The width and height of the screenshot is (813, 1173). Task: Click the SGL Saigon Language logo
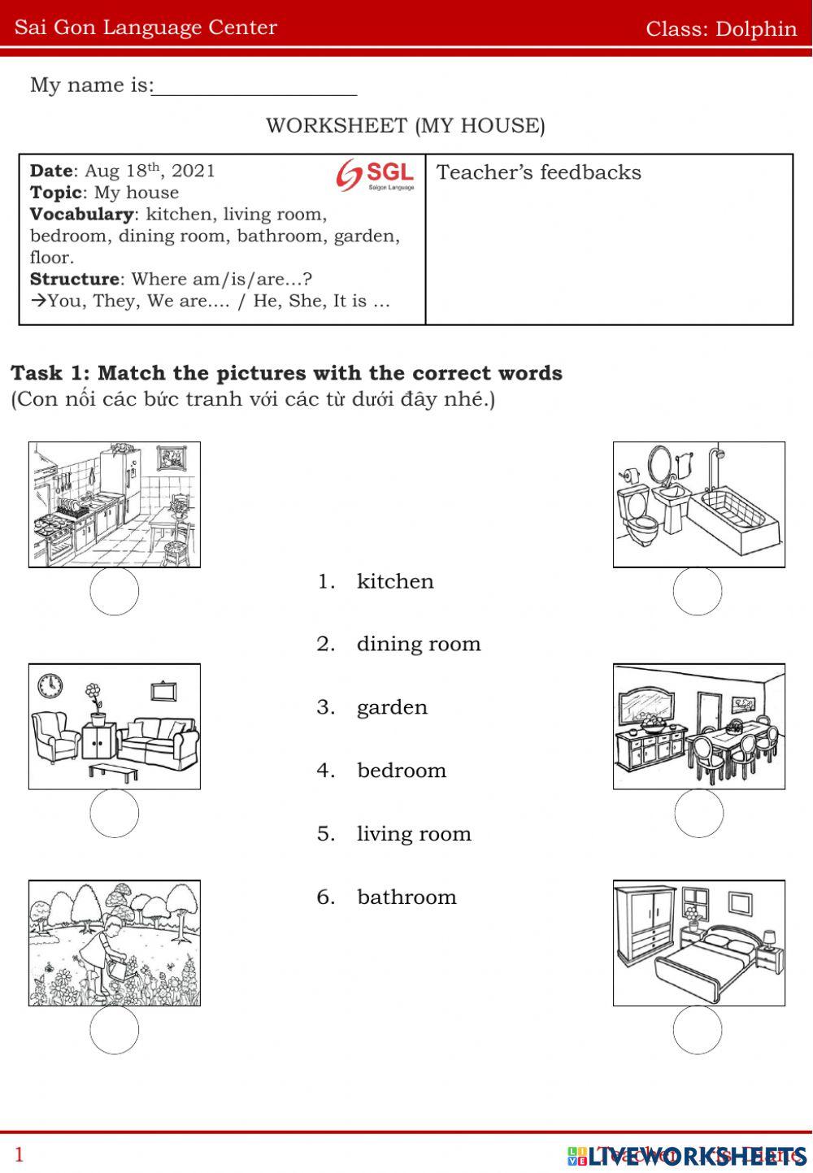point(375,175)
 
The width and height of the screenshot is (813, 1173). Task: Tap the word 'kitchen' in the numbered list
point(395,581)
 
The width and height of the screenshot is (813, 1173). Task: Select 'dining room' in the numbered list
point(418,644)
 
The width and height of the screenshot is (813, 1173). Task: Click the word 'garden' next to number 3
point(392,707)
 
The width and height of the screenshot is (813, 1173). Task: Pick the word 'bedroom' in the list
point(402,771)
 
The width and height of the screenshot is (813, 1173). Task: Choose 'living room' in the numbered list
point(414,834)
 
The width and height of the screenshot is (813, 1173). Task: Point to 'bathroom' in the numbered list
point(406,897)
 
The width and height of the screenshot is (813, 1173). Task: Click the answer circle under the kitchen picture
point(115,591)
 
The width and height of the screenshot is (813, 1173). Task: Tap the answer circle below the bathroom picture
point(698,591)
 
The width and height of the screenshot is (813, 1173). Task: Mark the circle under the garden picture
point(115,1030)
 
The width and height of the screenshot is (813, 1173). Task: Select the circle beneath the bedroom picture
point(698,1030)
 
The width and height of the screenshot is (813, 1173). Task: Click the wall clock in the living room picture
point(50,685)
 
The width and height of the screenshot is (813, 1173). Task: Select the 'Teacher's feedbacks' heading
point(538,172)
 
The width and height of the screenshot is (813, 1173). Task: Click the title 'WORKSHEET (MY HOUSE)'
point(405,126)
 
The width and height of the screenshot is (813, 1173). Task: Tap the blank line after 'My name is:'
point(254,85)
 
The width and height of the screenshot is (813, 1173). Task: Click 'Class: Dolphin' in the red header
point(720,28)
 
